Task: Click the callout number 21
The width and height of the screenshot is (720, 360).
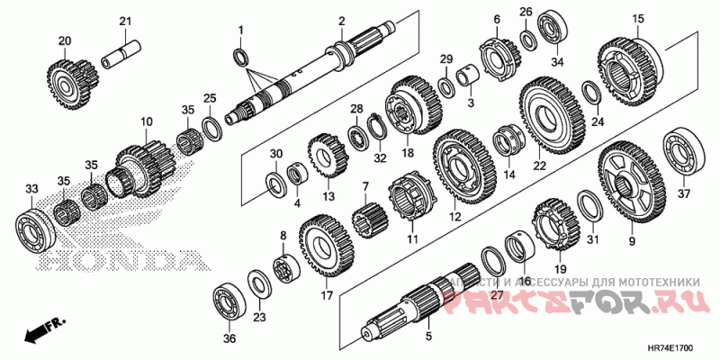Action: pyautogui.click(x=125, y=21)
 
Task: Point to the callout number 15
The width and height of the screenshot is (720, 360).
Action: pyautogui.click(x=638, y=19)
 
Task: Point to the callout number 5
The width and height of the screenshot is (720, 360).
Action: pyautogui.click(x=428, y=337)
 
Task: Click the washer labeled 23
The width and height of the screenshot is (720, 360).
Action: pyautogui.click(x=257, y=286)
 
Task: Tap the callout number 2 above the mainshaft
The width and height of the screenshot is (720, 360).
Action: pyautogui.click(x=341, y=20)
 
